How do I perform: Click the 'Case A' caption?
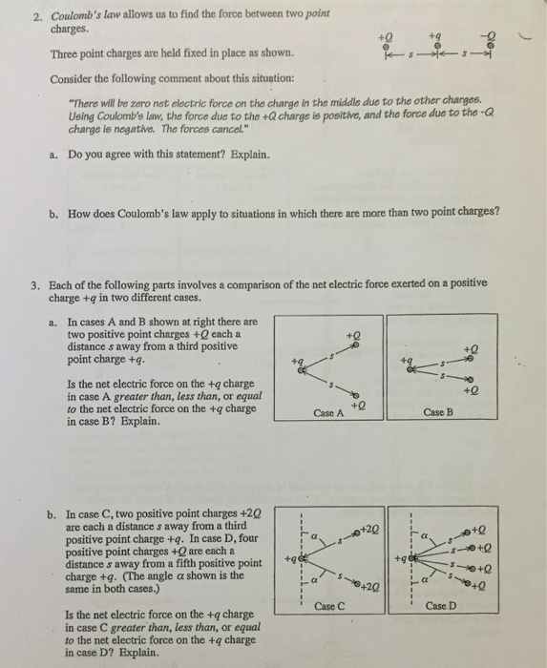(328, 413)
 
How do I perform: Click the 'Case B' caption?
(438, 412)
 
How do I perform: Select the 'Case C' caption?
(329, 606)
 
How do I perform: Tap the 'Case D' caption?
(440, 605)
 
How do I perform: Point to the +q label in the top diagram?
(435, 36)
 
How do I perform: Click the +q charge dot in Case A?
(302, 370)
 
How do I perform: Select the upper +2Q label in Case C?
(369, 530)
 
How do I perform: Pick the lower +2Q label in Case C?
(369, 588)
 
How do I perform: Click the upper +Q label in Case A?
(353, 335)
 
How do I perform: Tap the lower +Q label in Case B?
(471, 390)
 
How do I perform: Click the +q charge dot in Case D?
(411, 557)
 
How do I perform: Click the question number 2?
(38, 17)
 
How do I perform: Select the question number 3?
(35, 285)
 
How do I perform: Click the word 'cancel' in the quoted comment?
(228, 128)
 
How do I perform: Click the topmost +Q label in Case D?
(478, 531)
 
